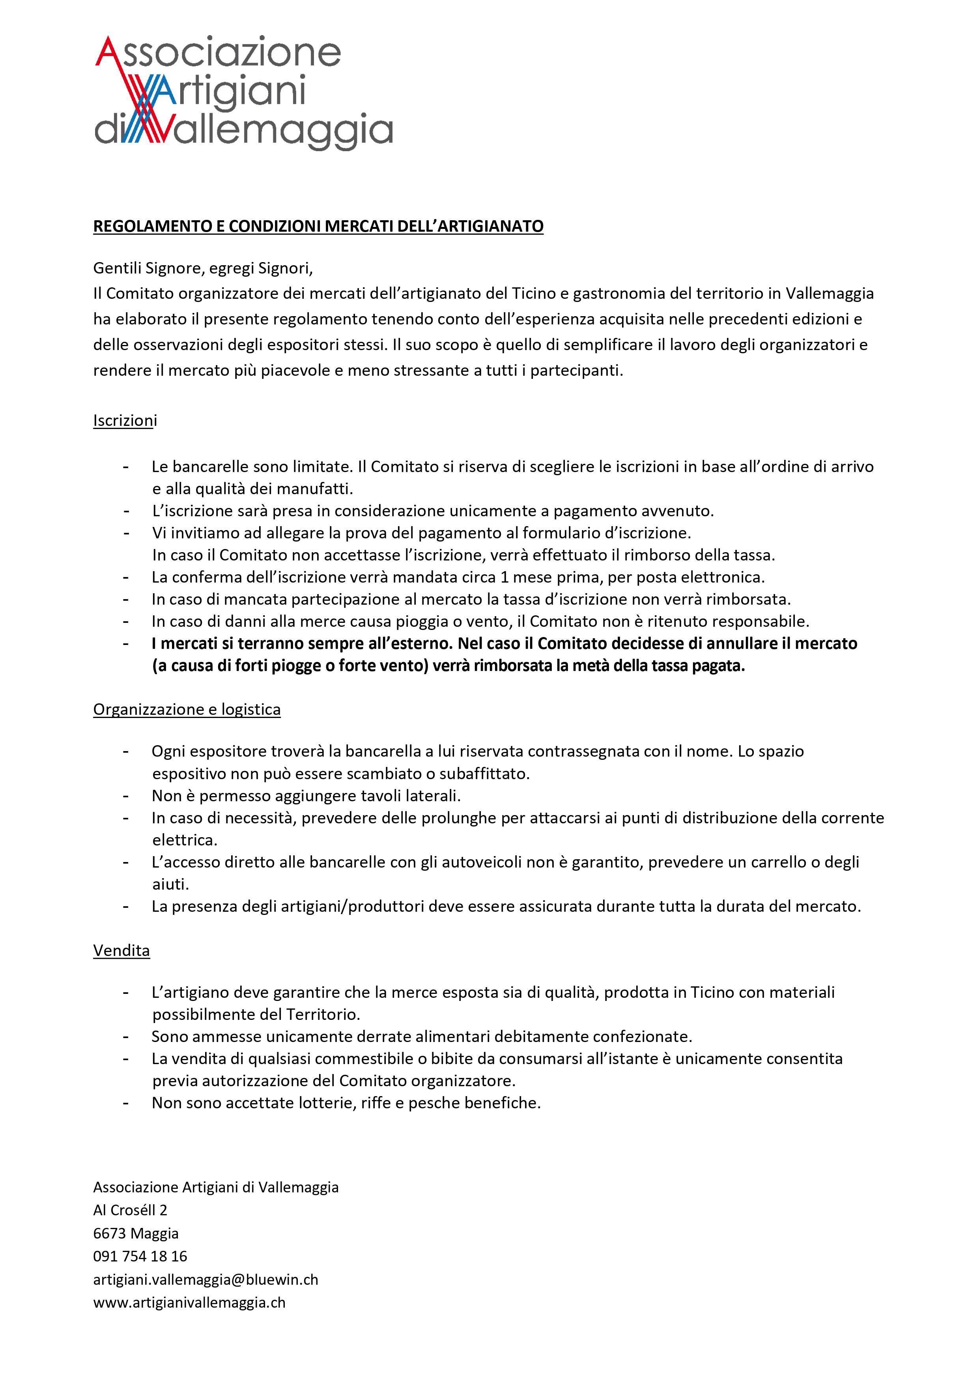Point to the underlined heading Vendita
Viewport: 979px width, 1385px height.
click(121, 951)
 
